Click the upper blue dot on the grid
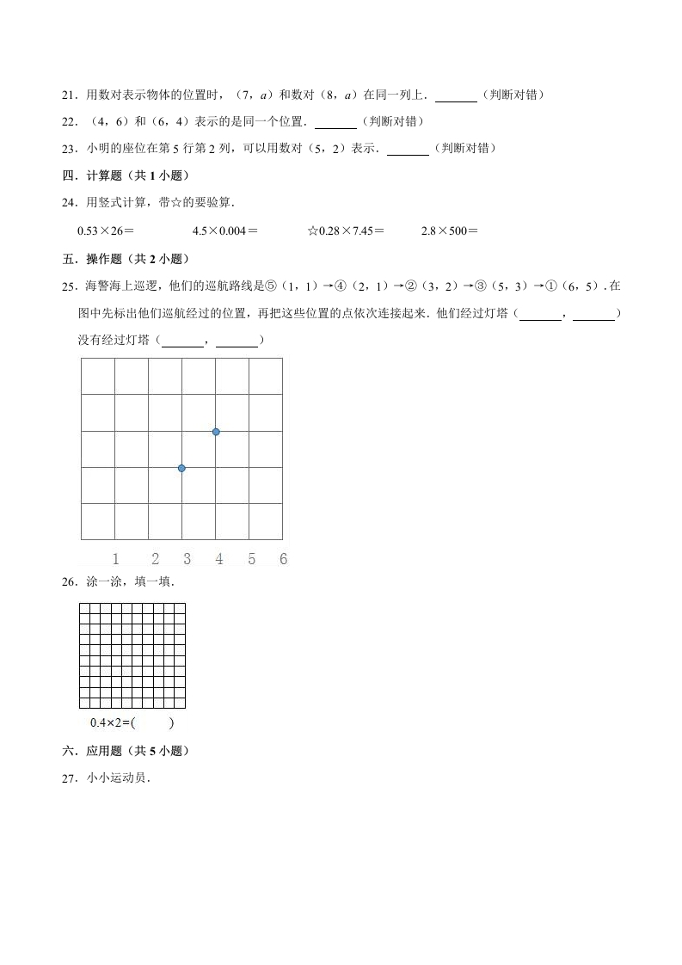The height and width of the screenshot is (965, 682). [x=216, y=432]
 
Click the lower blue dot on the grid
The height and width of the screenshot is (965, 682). [x=181, y=468]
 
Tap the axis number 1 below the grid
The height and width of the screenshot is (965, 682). [x=116, y=559]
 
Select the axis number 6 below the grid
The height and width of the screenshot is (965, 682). [x=283, y=559]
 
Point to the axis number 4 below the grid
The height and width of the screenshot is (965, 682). [x=219, y=559]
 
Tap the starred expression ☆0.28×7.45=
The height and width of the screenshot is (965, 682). [x=346, y=230]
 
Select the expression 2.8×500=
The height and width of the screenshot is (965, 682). [x=449, y=230]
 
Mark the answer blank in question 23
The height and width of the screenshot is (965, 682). [x=408, y=149]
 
